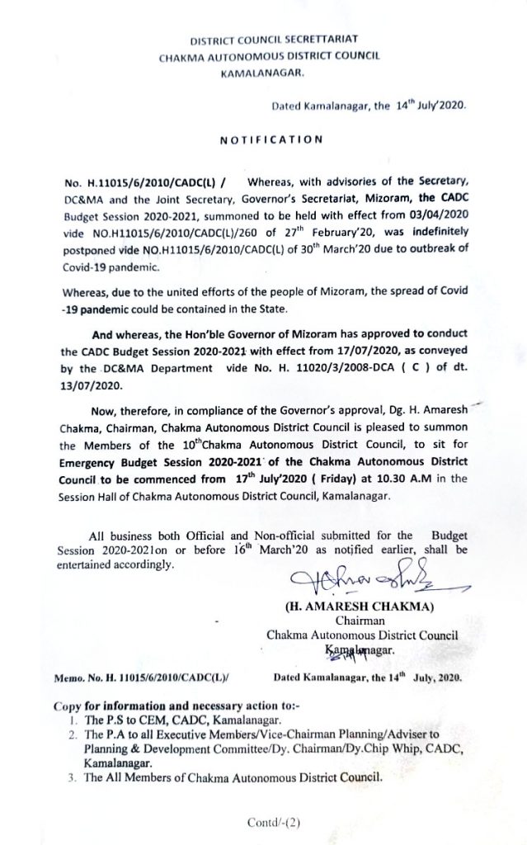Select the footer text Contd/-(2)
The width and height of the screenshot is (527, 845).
click(x=273, y=822)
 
